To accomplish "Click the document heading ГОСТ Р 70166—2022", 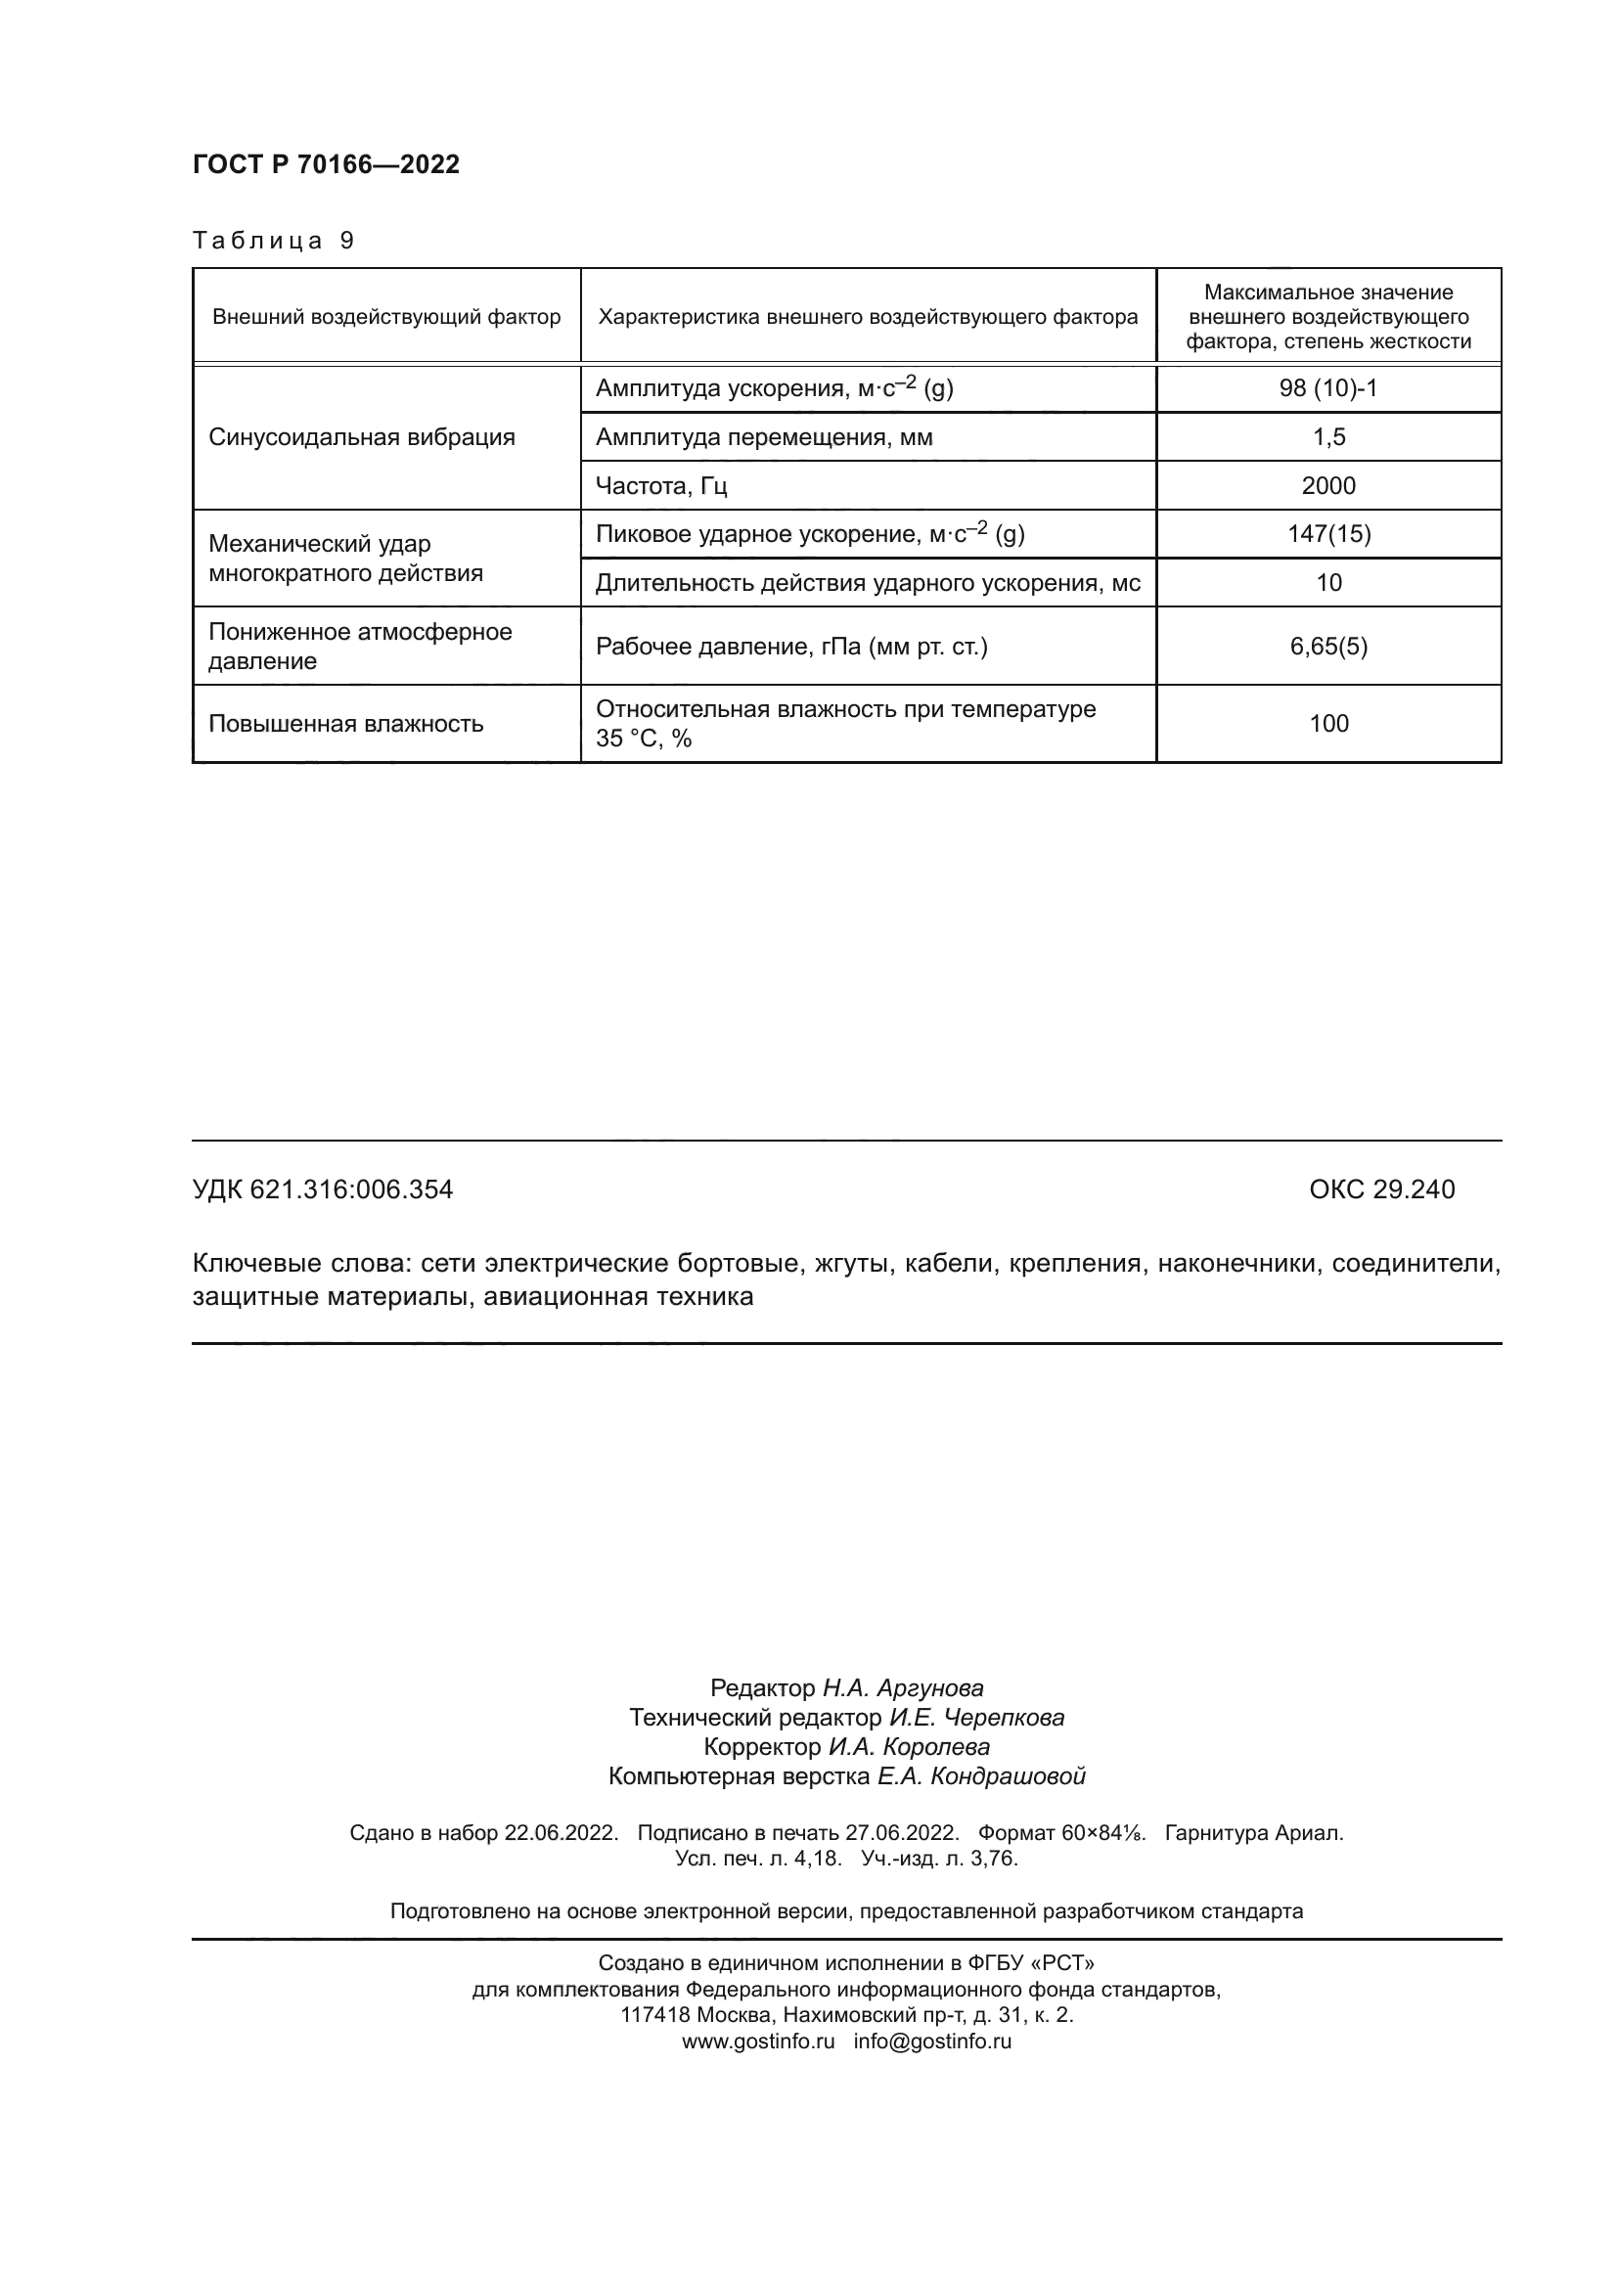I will [326, 164].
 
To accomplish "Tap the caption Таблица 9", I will [273, 241].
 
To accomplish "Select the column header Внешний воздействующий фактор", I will [386, 317].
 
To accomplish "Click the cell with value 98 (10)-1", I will [1328, 387].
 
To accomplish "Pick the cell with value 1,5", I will [1328, 436].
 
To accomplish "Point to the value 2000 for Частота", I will [1328, 485].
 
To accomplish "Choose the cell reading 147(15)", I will [1328, 533].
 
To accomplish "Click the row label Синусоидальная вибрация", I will [362, 436].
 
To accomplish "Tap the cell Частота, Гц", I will [661, 485].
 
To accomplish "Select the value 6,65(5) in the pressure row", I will [1328, 646].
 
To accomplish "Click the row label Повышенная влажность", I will [345, 724].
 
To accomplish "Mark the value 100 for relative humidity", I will [1328, 724].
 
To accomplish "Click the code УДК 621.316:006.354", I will [323, 1189].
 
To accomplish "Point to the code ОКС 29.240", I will [1382, 1189].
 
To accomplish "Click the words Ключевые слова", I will [299, 1264].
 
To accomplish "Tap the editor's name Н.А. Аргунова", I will [903, 1688].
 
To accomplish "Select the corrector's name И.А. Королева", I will [909, 1747].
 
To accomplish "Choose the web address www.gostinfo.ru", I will [758, 2041].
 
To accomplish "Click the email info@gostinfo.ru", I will [932, 2041].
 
